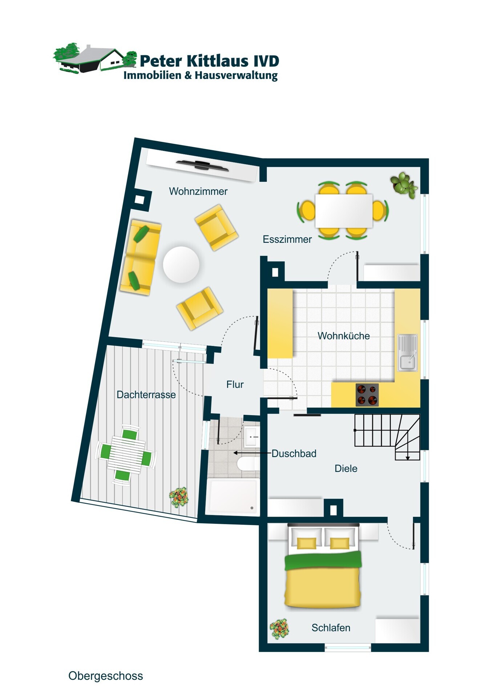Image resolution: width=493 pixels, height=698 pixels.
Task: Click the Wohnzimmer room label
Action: [198, 191]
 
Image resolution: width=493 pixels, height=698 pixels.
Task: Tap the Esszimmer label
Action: [287, 239]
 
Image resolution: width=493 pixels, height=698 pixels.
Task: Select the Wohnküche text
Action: [344, 336]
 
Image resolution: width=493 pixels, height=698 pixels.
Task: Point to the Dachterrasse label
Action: [146, 395]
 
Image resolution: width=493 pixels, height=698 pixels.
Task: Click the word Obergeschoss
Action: [106, 676]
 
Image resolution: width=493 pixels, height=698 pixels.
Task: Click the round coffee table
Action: [181, 265]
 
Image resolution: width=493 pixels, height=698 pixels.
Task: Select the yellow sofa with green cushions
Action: [141, 257]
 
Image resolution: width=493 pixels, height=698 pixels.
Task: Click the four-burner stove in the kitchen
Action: [367, 395]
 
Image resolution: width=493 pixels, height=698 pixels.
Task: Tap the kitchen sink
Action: [408, 353]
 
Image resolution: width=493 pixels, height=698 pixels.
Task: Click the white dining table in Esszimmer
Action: [344, 211]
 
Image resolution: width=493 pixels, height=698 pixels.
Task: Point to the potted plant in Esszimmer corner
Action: [403, 185]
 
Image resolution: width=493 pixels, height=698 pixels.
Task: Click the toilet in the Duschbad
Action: [248, 464]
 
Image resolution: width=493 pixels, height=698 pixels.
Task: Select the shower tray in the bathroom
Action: [233, 496]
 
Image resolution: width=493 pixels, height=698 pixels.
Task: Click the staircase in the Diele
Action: [387, 437]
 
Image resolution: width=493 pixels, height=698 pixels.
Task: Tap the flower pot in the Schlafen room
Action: [279, 629]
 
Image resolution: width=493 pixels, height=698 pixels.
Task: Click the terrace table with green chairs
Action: [126, 455]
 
